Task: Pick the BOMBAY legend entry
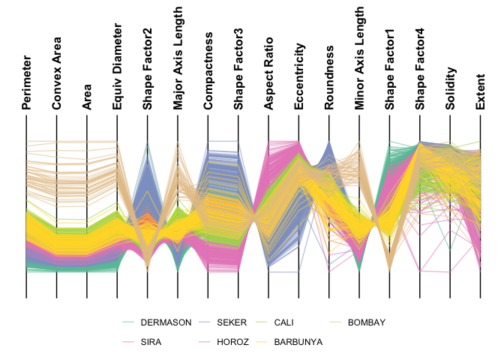coord(366,322)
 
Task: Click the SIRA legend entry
coord(151,341)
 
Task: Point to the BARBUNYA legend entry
coord(298,341)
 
